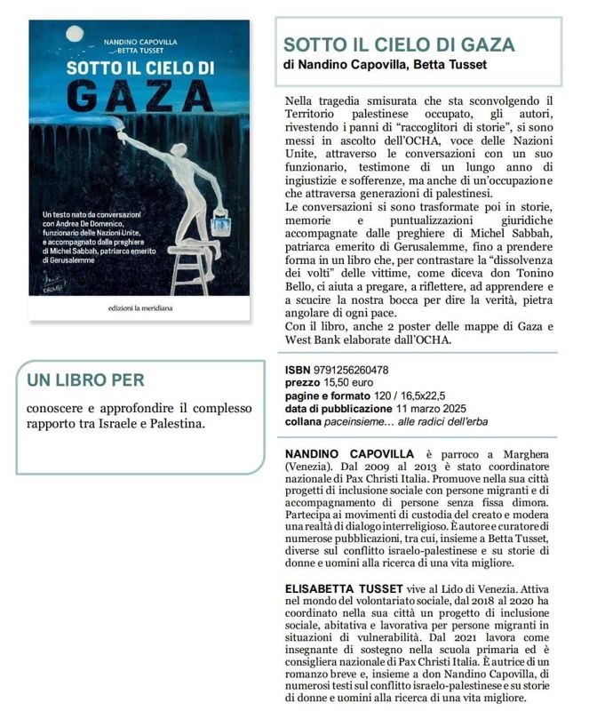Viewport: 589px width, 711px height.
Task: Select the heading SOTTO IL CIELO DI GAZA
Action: (x=398, y=45)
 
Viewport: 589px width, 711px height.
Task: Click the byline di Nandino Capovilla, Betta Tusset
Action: (x=385, y=65)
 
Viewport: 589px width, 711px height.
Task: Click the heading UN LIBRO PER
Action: (x=85, y=380)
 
